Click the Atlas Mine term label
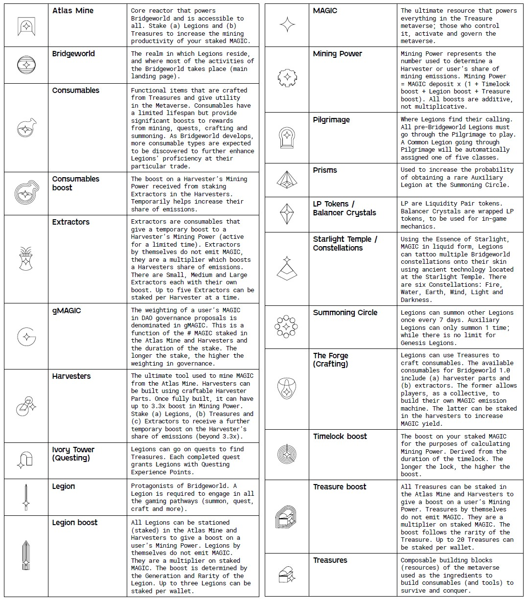73,11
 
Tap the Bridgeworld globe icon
26,65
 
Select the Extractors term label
71,222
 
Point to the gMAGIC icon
26,336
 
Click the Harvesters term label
71,376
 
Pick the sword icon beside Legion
26,497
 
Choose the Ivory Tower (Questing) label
73,454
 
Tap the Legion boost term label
75,523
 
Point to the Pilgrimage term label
331,120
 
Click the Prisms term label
325,170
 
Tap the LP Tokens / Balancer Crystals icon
287,214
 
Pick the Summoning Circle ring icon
287,326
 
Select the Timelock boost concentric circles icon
287,454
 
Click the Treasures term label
330,560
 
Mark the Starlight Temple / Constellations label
345,244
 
